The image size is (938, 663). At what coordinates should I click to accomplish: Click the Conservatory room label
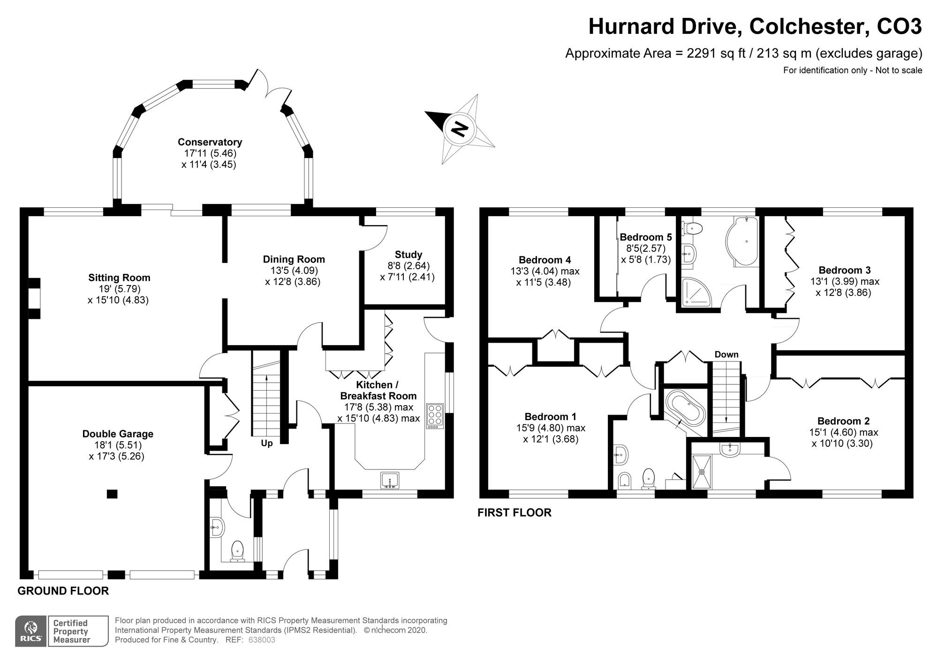pos(210,142)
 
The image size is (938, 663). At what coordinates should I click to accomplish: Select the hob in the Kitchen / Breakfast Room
pos(435,416)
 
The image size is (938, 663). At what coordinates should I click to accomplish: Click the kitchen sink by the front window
pos(390,480)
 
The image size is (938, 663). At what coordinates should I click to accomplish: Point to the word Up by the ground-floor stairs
pos(266,443)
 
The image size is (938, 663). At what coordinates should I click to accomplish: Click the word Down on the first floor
pos(726,354)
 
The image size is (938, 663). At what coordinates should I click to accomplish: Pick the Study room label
pos(408,255)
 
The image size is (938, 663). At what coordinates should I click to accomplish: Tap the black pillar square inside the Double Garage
pos(112,494)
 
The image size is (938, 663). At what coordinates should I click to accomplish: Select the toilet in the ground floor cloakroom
pos(238,551)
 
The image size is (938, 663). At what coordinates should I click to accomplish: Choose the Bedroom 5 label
pos(645,237)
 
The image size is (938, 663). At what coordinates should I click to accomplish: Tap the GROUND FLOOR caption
pos(63,591)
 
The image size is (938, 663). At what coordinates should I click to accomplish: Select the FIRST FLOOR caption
pos(514,512)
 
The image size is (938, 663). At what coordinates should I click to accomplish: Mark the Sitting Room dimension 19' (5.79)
pos(119,289)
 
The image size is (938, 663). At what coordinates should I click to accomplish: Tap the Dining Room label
pos(294,259)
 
